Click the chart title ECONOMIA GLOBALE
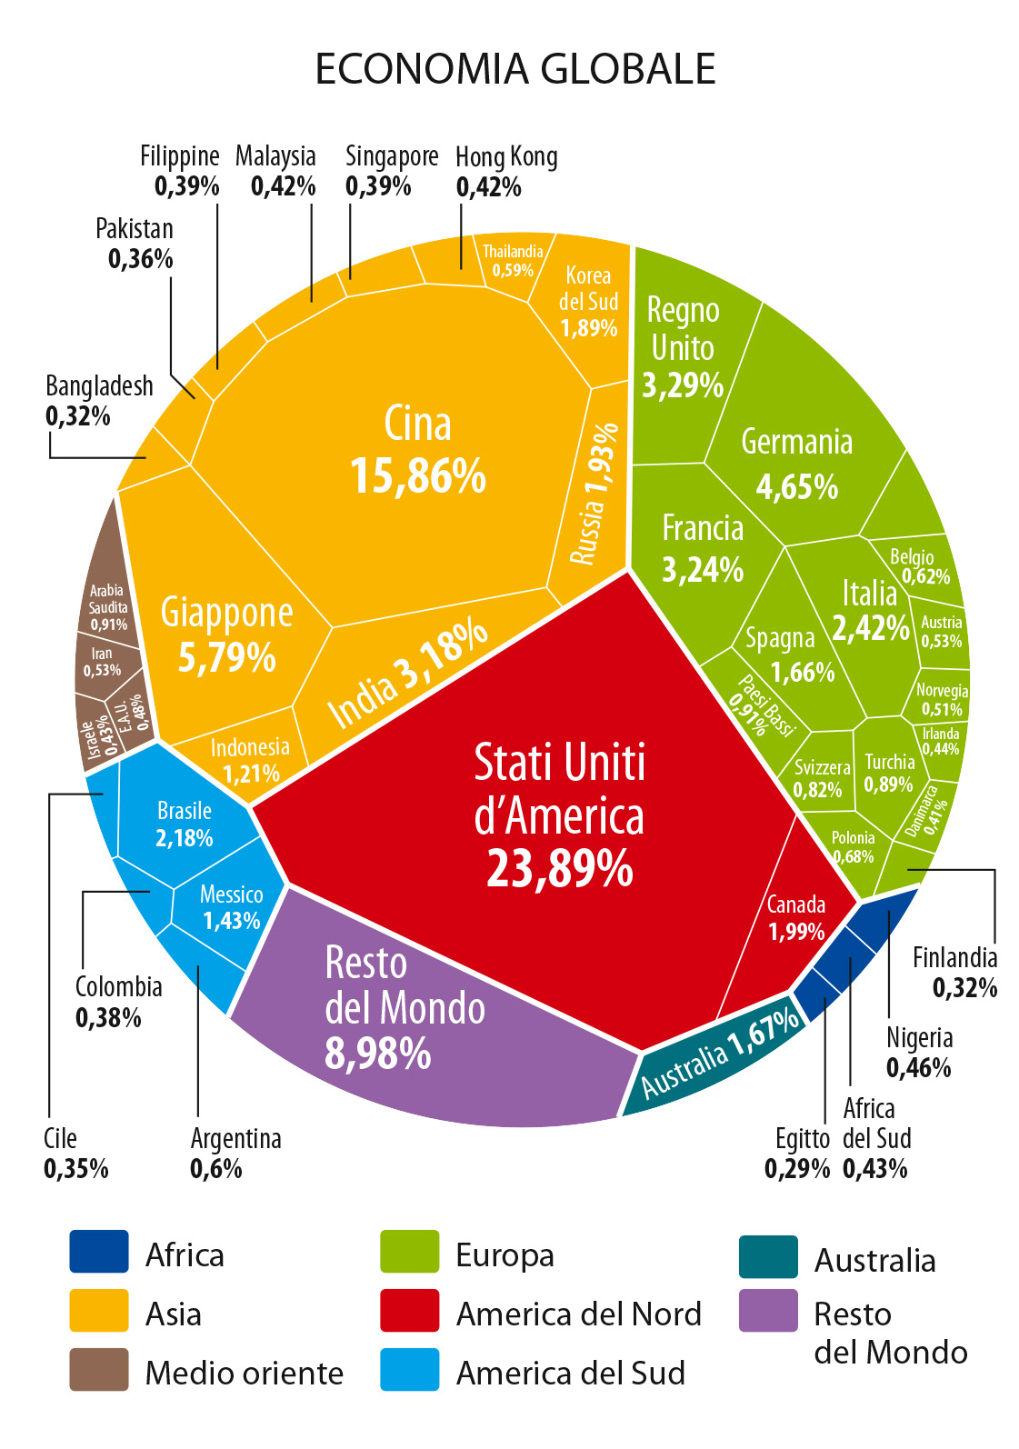[x=514, y=70]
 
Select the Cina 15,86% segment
[x=417, y=450]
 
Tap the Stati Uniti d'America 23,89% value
[x=559, y=868]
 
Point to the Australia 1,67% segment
[x=718, y=1054]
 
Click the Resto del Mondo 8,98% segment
[x=405, y=1009]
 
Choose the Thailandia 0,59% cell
[x=513, y=261]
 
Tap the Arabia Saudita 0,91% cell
[x=108, y=607]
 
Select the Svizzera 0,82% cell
[x=821, y=778]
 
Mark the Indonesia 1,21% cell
[x=249, y=760]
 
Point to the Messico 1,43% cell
[x=231, y=907]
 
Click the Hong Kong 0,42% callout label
[x=505, y=172]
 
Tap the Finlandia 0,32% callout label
[x=954, y=972]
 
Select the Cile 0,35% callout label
[x=75, y=1153]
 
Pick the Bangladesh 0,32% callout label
[x=99, y=401]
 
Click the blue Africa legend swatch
[x=99, y=1251]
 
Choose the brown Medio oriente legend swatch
[x=99, y=1369]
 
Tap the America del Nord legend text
[x=579, y=1314]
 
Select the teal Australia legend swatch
[x=768, y=1256]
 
